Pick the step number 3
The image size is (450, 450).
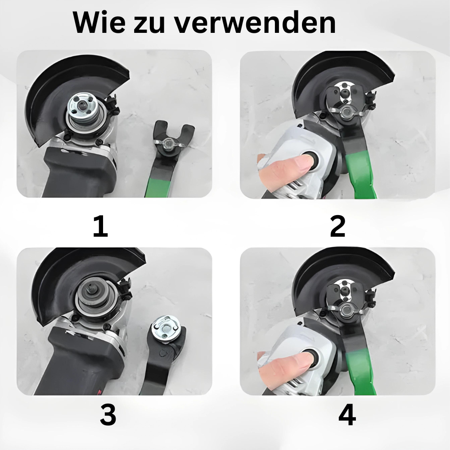tap(108, 414)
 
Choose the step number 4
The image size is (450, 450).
tap(347, 414)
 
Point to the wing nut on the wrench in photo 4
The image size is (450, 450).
tap(347, 309)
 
